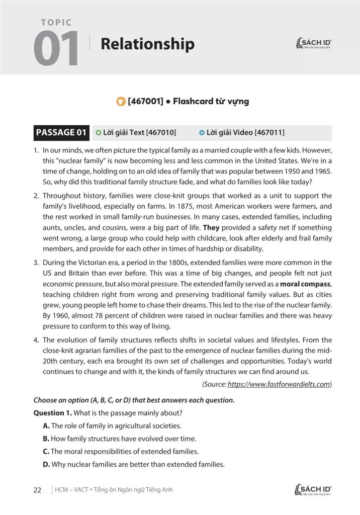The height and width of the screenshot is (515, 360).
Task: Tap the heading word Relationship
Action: pyautogui.click(x=147, y=44)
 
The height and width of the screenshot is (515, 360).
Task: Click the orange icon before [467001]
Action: pyautogui.click(x=120, y=101)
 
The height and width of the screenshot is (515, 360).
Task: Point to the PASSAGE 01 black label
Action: pyautogui.click(x=61, y=133)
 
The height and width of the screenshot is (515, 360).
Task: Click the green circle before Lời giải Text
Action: pyautogui.click(x=98, y=133)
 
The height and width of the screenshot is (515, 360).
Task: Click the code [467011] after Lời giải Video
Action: pyautogui.click(x=269, y=133)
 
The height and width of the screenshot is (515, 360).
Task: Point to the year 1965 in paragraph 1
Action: pyautogui.click(x=321, y=171)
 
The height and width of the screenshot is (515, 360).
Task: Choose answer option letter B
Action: pyautogui.click(x=46, y=439)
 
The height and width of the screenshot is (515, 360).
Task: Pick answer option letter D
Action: pyautogui.click(x=46, y=463)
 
